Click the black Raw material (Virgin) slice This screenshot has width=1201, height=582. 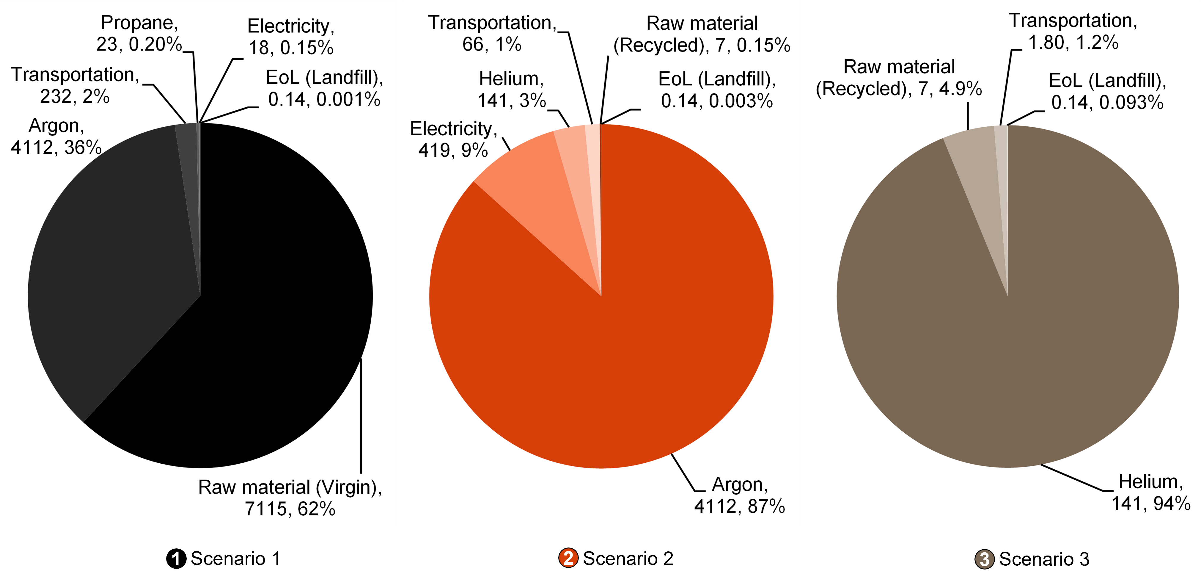pos(261,327)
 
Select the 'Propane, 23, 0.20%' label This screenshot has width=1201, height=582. pos(139,34)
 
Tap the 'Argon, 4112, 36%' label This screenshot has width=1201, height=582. pos(56,137)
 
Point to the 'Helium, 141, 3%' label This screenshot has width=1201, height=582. pos(511,90)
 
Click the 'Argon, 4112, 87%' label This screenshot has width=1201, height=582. pos(739,495)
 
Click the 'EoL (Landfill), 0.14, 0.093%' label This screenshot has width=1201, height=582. pos(1107,91)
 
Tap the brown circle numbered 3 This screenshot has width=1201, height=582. pos(985,559)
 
